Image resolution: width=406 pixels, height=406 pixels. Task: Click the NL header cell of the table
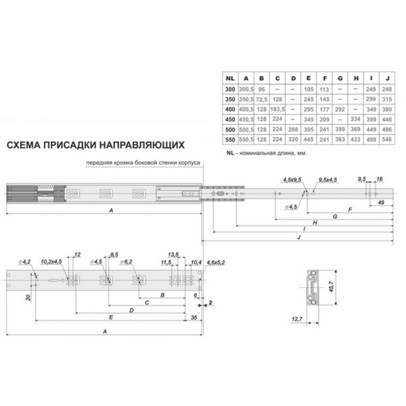coord(230,78)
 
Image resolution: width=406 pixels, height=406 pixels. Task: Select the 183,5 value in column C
coord(277,109)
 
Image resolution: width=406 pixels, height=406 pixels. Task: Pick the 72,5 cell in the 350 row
coord(261,99)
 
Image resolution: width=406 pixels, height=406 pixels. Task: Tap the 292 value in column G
coord(340,109)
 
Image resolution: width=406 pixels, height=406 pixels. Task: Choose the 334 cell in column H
coord(356,119)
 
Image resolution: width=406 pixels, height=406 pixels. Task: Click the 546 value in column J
coord(387,139)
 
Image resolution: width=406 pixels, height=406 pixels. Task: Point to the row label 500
coord(230,129)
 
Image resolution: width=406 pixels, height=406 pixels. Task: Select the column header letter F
coord(325,78)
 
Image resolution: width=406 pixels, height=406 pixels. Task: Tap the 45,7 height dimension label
coord(332,287)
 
